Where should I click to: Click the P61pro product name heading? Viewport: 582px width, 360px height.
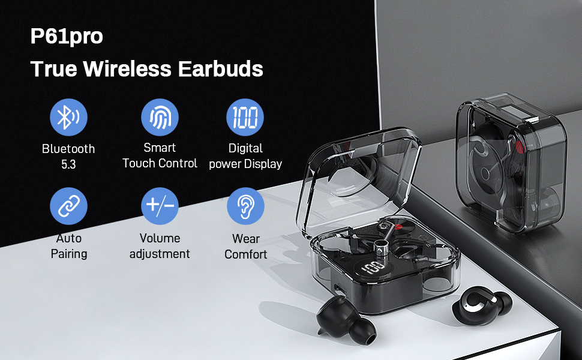click(67, 37)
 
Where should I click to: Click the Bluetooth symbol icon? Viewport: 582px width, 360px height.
click(68, 117)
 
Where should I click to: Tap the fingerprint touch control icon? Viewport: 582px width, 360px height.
click(160, 117)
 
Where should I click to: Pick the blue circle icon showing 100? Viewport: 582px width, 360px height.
click(245, 117)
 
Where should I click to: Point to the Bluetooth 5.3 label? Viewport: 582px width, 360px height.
click(68, 156)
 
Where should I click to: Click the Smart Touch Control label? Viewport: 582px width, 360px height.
click(160, 155)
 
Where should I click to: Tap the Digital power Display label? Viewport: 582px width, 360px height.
click(245, 155)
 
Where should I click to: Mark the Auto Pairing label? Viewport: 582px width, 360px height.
click(68, 246)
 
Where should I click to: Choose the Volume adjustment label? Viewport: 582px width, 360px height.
click(160, 246)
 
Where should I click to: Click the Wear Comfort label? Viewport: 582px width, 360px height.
click(245, 246)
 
